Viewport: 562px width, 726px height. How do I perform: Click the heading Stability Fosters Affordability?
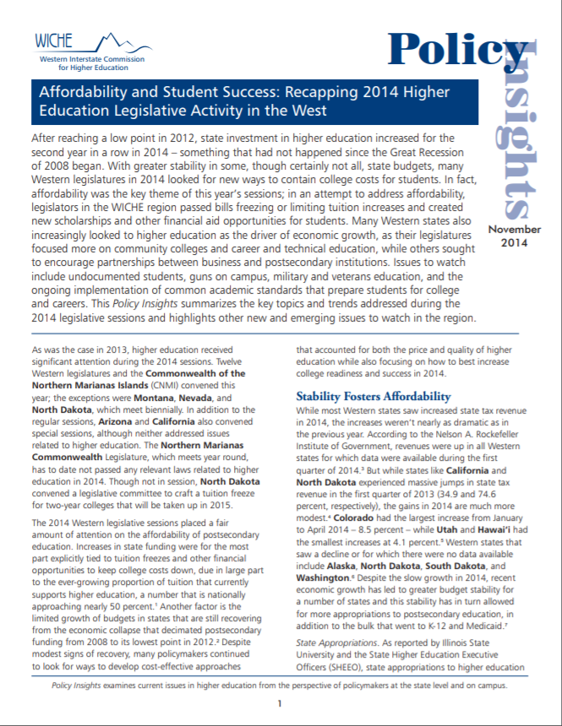373,396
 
